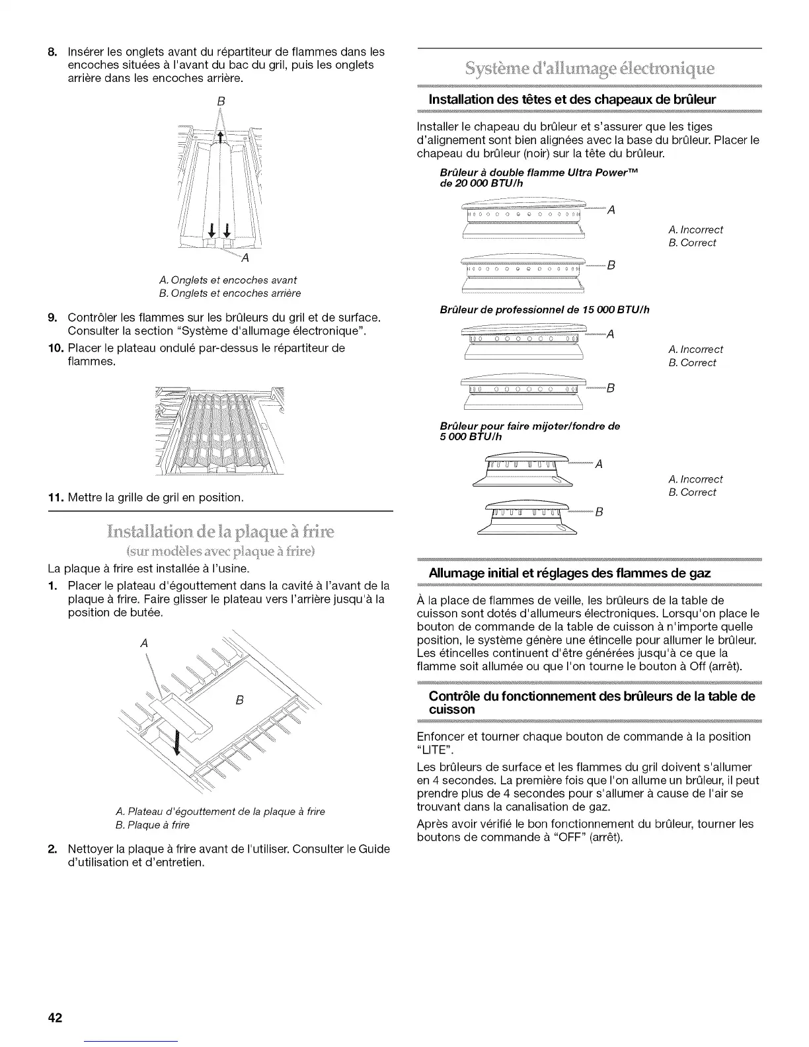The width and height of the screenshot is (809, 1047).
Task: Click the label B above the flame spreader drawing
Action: click(221, 102)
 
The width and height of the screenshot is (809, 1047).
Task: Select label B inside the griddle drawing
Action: click(240, 701)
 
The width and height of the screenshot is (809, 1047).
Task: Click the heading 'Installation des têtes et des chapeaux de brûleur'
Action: click(572, 100)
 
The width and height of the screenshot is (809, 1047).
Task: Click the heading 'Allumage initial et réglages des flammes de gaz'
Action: click(570, 572)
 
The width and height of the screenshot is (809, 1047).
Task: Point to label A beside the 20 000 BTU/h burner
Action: click(611, 210)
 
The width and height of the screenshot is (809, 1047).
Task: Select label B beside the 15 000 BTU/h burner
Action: click(611, 388)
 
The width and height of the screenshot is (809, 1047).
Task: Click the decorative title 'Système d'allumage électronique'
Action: click(590, 69)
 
